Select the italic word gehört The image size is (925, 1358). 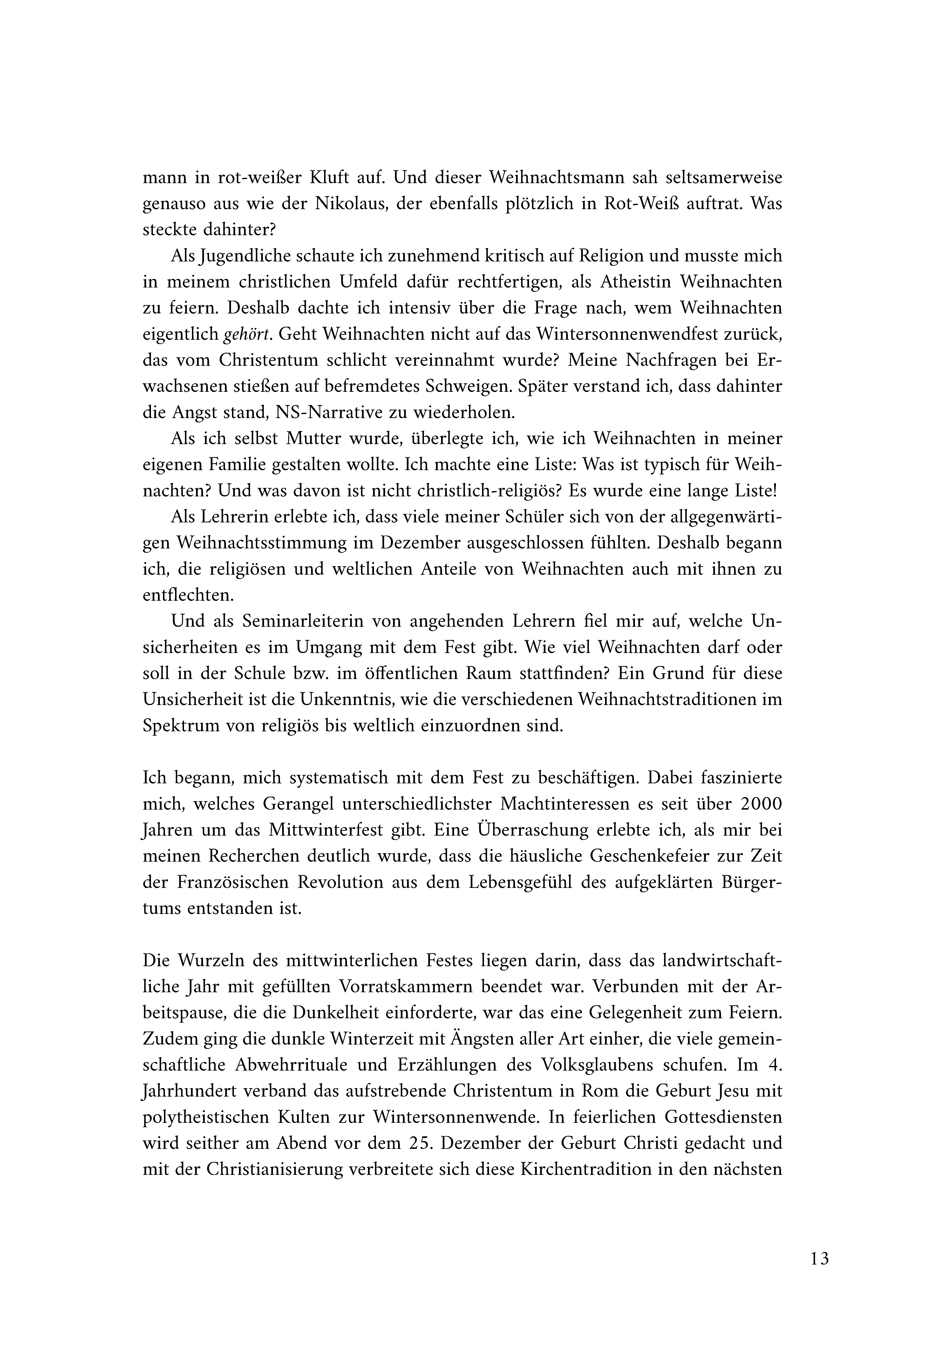point(249,335)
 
